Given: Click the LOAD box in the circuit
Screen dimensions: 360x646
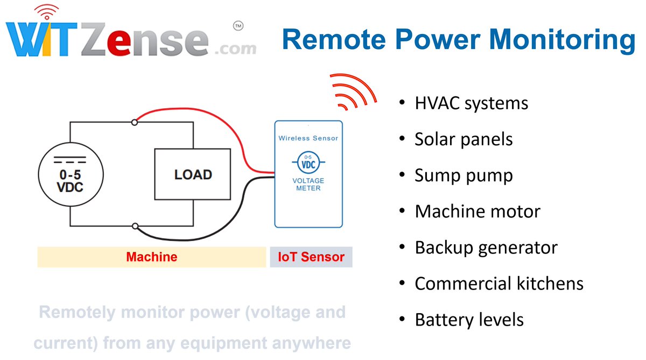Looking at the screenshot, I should point(193,174).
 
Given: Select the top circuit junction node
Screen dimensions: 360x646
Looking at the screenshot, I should point(135,122).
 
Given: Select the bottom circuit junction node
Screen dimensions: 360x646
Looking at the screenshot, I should point(135,227).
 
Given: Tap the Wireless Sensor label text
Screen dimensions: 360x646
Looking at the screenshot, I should point(308,138).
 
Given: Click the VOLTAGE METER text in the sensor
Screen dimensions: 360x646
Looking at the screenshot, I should point(308,185).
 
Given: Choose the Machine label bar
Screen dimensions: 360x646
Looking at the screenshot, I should point(151,257).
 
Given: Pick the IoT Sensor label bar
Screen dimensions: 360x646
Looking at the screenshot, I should point(311,257).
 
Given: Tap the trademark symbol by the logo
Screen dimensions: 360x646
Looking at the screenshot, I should point(237,25).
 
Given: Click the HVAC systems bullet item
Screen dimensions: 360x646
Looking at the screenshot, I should point(471,103).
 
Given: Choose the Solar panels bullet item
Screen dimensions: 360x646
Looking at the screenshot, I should point(464,139).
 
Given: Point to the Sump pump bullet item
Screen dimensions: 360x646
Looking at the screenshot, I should point(464,175).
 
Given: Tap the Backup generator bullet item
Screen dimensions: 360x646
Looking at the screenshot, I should point(486,248).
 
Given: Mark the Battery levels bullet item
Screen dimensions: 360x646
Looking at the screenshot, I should point(469,320).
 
